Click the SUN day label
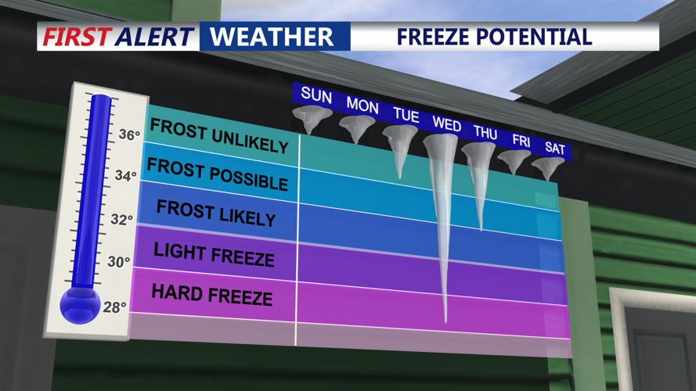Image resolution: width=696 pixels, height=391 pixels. point(316,96)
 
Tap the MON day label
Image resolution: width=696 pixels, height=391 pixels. point(362,105)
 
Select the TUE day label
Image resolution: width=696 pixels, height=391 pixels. point(406,114)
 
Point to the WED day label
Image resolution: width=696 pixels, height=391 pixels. point(446,124)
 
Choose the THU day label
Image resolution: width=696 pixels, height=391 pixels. point(485,133)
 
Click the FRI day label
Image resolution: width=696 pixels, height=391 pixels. point(521,141)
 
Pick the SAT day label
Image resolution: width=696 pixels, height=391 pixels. point(555,148)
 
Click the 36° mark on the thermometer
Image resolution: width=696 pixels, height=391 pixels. point(128,135)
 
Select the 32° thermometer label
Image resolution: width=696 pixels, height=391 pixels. point(121,220)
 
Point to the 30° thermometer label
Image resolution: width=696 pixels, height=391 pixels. point(117,262)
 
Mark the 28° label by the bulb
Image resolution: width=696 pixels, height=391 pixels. point(114,307)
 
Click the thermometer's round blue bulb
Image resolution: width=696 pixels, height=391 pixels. point(79,304)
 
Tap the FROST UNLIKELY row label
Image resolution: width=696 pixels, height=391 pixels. point(218,136)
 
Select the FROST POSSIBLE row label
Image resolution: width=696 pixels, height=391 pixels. point(217,174)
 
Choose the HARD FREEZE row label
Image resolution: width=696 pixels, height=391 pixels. point(211,294)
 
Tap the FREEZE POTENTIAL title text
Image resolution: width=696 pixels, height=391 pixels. point(493,36)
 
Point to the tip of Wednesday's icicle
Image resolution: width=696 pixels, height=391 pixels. point(445,321)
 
